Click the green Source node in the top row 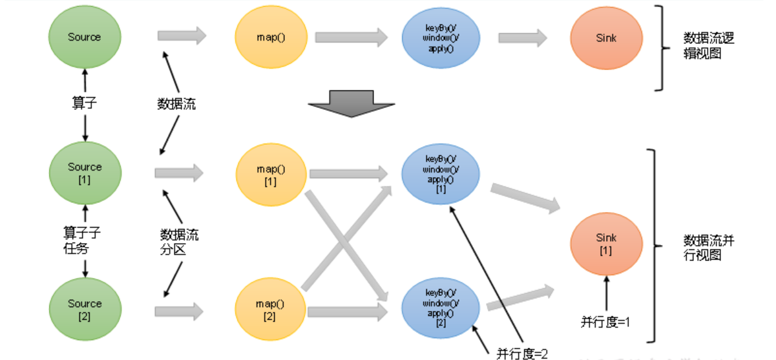point(85,37)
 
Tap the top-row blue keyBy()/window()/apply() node point(441,37)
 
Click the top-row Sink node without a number point(606,39)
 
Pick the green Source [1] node point(85,173)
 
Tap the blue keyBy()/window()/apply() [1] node point(441,173)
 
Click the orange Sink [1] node point(606,244)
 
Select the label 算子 point(84,102)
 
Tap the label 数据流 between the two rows point(176,103)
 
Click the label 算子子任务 point(81,239)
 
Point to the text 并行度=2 point(521,353)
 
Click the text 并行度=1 point(605,322)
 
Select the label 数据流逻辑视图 point(709,45)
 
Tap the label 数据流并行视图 point(709,248)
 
